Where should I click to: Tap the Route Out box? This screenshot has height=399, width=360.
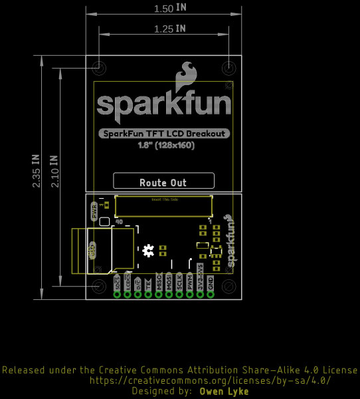point(163,182)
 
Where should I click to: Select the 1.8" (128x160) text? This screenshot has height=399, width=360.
point(166,145)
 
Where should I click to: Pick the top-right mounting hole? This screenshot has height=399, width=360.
point(228,68)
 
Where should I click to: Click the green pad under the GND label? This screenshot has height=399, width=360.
point(211,295)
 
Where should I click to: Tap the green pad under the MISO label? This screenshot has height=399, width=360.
point(159,295)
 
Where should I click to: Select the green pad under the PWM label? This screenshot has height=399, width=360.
point(190,295)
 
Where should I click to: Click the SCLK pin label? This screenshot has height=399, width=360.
point(179,282)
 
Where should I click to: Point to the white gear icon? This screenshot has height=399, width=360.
point(148,250)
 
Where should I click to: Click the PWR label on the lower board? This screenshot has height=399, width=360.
point(92,212)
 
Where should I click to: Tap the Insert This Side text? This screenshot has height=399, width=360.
point(165,199)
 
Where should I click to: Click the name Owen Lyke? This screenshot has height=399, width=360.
point(224,392)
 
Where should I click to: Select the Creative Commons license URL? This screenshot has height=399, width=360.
point(209,381)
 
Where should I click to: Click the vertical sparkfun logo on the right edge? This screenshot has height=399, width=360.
point(230,241)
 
